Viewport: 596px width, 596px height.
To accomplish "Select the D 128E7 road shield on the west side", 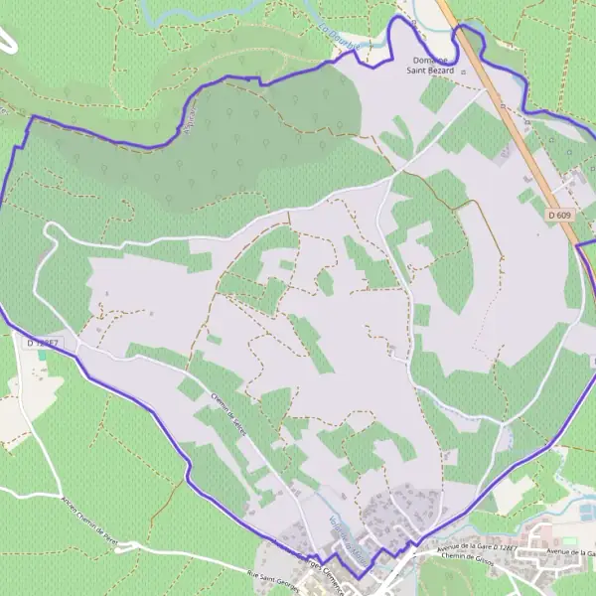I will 44,343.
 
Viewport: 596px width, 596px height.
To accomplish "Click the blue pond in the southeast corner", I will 587,511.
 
